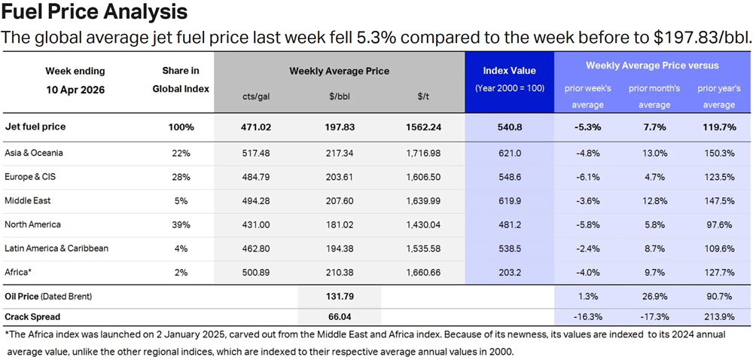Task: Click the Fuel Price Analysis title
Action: tap(94, 13)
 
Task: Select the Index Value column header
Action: tap(509, 71)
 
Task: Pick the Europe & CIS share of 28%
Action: tap(181, 176)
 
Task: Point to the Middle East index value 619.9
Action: tap(509, 200)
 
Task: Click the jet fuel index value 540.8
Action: tap(509, 127)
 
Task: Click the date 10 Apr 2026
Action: tap(75, 89)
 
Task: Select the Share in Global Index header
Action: tap(181, 79)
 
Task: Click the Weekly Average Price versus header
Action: tap(652, 66)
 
